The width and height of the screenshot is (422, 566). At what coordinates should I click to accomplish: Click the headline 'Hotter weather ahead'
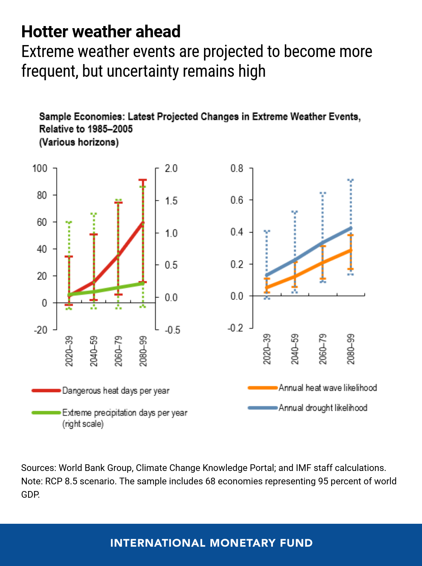point(101,32)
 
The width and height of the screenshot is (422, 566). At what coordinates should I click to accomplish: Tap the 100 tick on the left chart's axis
point(40,169)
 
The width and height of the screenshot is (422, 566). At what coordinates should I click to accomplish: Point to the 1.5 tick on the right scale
point(171,201)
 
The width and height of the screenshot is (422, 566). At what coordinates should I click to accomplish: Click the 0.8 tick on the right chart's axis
point(237,168)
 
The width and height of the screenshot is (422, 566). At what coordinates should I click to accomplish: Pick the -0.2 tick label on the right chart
point(235,328)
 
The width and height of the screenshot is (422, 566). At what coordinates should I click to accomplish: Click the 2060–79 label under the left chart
point(119,351)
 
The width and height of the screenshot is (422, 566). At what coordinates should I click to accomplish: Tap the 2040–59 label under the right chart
point(295,349)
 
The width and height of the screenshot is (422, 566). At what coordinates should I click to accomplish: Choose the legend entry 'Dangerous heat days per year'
point(116,391)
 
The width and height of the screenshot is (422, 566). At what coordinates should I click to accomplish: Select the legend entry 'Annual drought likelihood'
point(323,408)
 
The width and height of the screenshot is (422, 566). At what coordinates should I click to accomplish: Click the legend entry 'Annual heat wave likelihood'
point(328,388)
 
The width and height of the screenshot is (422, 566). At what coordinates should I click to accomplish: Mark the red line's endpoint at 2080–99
point(143,223)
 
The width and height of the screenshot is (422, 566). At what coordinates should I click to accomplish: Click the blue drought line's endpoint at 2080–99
point(351,228)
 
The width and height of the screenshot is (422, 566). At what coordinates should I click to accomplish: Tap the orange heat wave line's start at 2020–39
point(267,288)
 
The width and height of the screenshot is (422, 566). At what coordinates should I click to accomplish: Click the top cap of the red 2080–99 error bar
point(143,180)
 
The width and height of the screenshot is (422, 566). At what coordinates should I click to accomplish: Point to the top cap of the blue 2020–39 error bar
point(267,231)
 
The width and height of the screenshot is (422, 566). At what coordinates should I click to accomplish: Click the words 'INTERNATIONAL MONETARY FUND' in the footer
point(211,543)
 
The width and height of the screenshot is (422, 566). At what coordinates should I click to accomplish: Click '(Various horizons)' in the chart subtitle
point(79,142)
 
